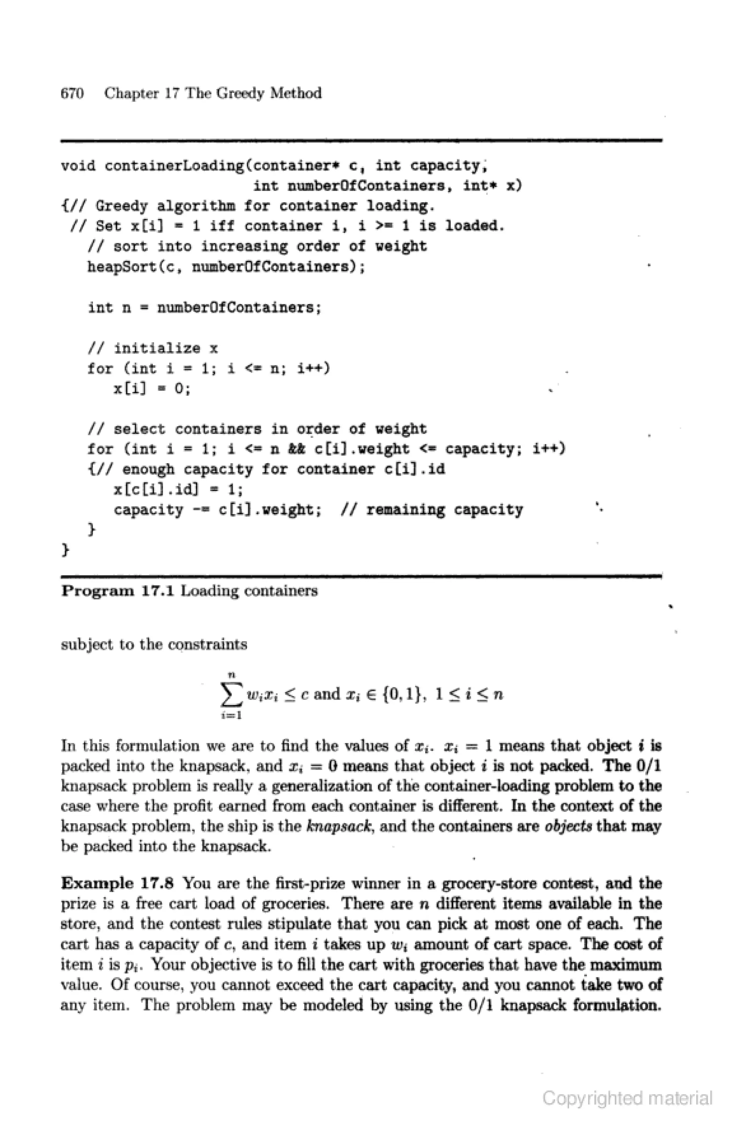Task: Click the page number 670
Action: [x=72, y=93]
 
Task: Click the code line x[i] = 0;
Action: [x=152, y=389]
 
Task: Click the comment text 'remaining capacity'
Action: [x=444, y=510]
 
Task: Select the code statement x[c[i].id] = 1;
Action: [x=179, y=489]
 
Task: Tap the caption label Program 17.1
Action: [x=118, y=591]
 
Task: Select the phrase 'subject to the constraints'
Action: [x=154, y=645]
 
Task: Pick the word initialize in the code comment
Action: [x=157, y=348]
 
